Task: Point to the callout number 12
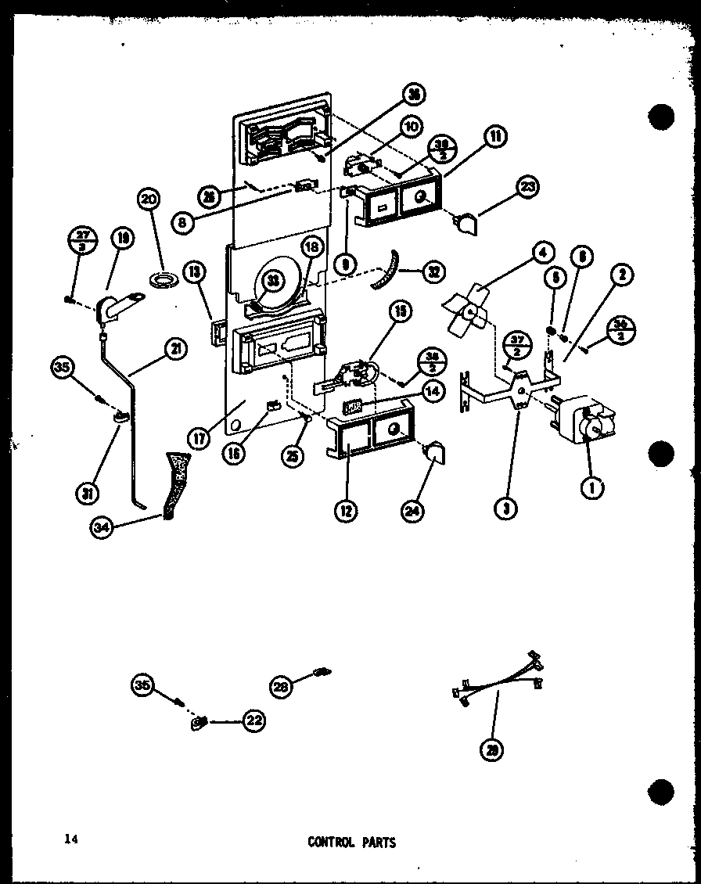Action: click(345, 512)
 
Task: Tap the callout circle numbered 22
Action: click(253, 722)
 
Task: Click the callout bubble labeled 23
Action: click(528, 186)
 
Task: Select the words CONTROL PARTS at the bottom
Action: click(351, 843)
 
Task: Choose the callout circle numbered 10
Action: click(412, 125)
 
